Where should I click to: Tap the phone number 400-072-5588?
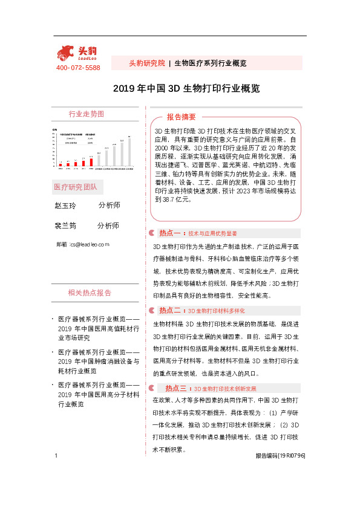pyautogui.click(x=78, y=68)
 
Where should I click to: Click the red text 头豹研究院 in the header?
pyautogui.click(x=147, y=63)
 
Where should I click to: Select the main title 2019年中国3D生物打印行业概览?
pyautogui.click(x=187, y=88)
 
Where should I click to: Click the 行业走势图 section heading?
pyautogui.click(x=86, y=114)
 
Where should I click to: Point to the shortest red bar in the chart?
pyautogui.click(x=61, y=164)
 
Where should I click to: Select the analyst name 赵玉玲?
pyautogui.click(x=65, y=206)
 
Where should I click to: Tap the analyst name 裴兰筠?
pyautogui.click(x=65, y=225)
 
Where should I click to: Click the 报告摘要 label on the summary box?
pyautogui.click(x=182, y=117)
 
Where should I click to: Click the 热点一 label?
pyautogui.click(x=171, y=233)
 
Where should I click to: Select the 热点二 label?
pyautogui.click(x=171, y=310)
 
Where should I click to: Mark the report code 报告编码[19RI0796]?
pyautogui.click(x=280, y=473)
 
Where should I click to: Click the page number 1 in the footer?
pyautogui.click(x=56, y=473)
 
